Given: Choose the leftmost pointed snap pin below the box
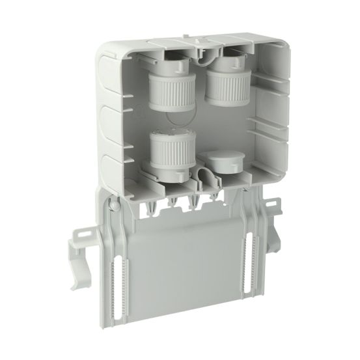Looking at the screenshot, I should [x=152, y=207].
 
